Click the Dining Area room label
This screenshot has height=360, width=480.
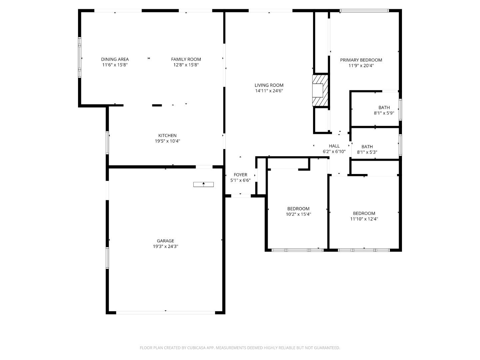click(115, 59)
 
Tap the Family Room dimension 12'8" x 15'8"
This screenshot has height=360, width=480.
click(186, 65)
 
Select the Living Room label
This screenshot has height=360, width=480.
click(269, 85)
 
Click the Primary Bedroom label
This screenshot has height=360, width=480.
click(361, 60)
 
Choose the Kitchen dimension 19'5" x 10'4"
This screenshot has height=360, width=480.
click(167, 141)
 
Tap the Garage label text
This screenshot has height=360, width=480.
click(165, 241)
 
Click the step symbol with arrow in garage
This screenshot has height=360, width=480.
click(203, 184)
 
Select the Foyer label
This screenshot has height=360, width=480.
click(240, 175)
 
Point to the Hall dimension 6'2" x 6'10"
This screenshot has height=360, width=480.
click(334, 151)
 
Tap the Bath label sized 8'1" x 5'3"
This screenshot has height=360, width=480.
click(367, 147)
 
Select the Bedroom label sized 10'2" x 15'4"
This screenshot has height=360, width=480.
click(298, 209)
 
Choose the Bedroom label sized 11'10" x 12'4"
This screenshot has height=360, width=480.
click(364, 213)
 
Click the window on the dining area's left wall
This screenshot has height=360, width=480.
click(80, 57)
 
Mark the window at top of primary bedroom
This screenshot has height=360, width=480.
click(364, 11)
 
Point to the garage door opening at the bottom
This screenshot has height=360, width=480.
click(165, 312)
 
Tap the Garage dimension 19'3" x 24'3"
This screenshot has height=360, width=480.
click(165, 246)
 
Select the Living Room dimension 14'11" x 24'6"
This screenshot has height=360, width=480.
click(269, 91)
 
